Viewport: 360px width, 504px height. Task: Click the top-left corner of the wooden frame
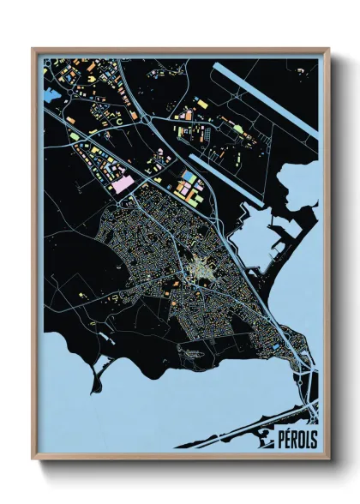(x=33, y=50)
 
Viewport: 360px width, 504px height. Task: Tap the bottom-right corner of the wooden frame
(x=328, y=458)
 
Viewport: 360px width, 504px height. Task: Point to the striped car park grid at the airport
(x=231, y=129)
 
